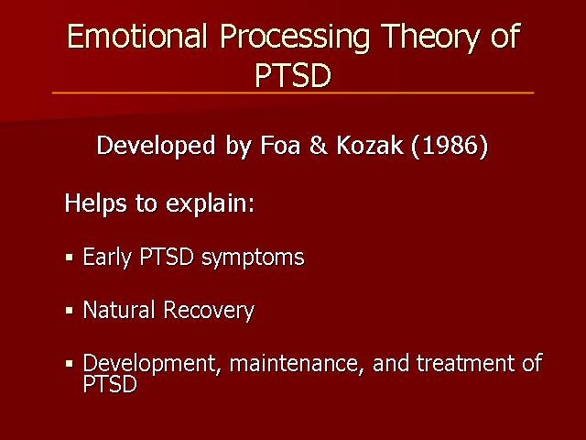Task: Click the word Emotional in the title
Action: (x=136, y=36)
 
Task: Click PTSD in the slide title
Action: (x=293, y=75)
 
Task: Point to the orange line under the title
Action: (x=293, y=93)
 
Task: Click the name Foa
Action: (x=280, y=145)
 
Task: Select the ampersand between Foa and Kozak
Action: (x=318, y=145)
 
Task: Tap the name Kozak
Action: (x=370, y=145)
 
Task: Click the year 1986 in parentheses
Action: (x=450, y=145)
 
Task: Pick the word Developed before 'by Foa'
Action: (x=156, y=147)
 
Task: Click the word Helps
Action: (x=95, y=204)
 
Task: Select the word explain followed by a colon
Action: (x=210, y=204)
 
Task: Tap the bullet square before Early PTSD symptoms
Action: (x=70, y=258)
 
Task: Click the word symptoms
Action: (x=253, y=258)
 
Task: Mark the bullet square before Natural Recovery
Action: (x=70, y=311)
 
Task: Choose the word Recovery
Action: (x=209, y=312)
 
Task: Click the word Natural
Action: (x=119, y=310)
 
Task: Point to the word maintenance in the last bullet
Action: (x=297, y=364)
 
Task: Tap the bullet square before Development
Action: (x=70, y=363)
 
